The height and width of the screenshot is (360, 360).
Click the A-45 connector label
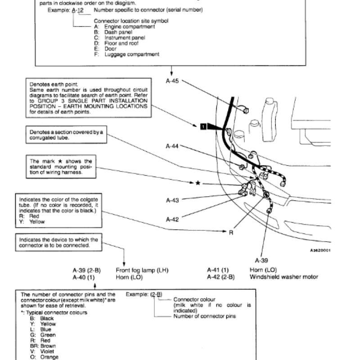pos(172,81)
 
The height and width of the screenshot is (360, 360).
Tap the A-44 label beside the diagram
pos(172,146)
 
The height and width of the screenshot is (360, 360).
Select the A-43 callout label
pos(172,200)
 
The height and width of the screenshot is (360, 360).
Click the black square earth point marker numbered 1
pos(203,126)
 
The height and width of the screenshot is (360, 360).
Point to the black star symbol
pos(198,183)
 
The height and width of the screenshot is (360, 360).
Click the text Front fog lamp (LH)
pos(142,270)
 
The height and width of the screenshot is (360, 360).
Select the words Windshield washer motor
pos(284,277)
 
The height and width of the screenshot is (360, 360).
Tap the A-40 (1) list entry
pos(84,277)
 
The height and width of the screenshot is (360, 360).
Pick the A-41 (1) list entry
pos(218,270)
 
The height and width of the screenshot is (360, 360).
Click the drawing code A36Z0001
pos(320,250)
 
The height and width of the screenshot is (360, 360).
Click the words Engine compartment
pos(130,27)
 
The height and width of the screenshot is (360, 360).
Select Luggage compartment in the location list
pos(132,54)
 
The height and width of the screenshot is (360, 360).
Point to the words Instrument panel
pos(125,38)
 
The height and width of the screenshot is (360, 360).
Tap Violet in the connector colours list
pos(47,351)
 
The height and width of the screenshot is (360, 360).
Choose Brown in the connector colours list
pos(48,346)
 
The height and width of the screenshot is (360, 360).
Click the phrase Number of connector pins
pos(205,316)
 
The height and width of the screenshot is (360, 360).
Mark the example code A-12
pos(77,10)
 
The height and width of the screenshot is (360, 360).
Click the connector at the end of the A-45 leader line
pos(245,110)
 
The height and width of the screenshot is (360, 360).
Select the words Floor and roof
pos(121,43)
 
